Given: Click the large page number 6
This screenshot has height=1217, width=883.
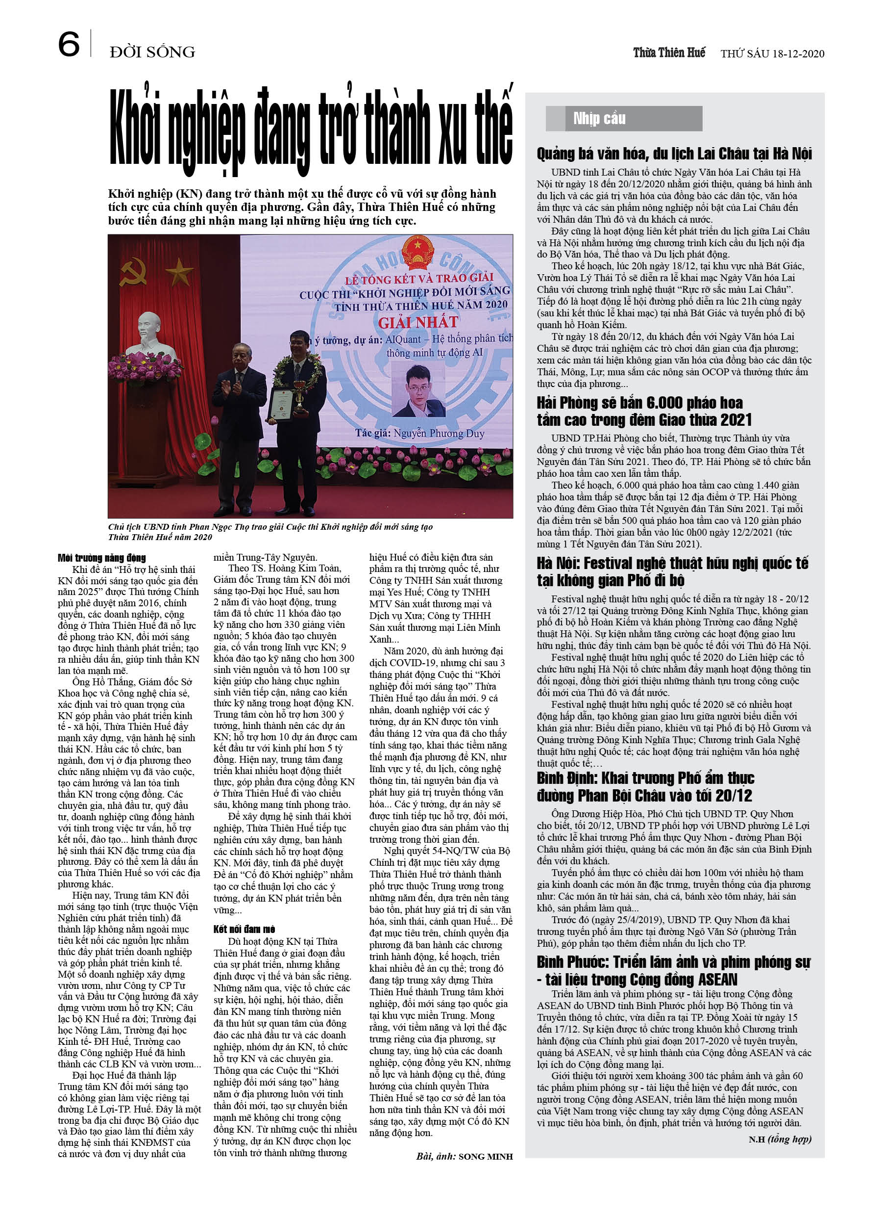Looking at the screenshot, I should point(69,45).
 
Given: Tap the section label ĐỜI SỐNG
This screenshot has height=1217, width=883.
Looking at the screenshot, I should point(152,52).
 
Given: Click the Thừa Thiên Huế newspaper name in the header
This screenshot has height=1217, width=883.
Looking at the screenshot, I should point(668,52).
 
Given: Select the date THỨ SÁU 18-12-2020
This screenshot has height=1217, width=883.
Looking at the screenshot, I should point(772,53).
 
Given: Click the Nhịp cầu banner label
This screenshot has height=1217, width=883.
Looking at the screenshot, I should point(599,119).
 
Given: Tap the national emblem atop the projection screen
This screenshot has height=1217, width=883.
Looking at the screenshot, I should point(417,252).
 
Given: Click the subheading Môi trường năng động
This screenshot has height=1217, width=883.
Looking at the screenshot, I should point(102,558).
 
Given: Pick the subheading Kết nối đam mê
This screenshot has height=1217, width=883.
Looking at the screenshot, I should point(244,930).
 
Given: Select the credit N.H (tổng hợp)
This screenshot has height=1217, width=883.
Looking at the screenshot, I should point(780,1139).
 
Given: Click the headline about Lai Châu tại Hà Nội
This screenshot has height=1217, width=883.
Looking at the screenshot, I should point(674,154).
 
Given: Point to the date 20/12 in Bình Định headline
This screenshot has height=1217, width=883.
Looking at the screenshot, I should point(733,796).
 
